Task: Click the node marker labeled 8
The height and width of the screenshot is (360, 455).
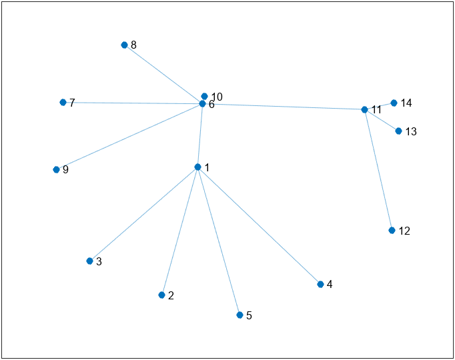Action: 124,45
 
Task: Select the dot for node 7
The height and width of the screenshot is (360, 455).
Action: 63,102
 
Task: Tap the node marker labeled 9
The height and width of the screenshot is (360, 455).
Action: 56,169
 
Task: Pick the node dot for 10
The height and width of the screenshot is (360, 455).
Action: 204,96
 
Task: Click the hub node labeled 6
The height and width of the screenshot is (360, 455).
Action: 202,104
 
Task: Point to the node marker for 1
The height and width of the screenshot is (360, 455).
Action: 197,167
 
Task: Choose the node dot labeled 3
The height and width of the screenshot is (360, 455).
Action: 89,261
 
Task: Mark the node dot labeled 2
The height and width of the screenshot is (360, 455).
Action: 161,295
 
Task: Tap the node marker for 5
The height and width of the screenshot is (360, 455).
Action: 240,315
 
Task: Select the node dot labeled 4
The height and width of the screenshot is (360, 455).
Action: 320,285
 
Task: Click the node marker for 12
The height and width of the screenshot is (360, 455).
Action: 392,231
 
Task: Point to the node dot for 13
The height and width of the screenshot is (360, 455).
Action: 398,131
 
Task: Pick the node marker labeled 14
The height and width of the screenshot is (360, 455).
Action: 394,103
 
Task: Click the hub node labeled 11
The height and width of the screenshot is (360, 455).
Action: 364,109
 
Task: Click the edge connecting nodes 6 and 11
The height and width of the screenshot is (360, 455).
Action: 284,107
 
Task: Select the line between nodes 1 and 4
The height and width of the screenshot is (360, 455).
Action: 259,226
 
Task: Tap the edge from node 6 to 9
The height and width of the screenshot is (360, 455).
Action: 129,137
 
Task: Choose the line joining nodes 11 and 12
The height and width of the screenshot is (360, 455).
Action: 378,170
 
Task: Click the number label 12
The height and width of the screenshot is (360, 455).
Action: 404,231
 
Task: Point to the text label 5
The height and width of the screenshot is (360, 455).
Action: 249,315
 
